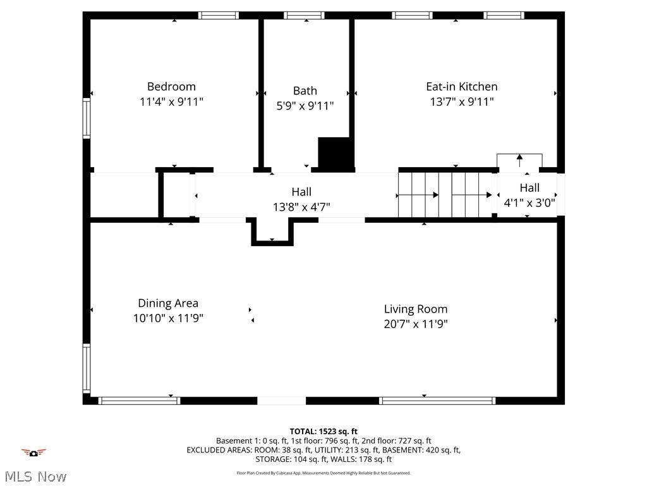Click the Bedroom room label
(171, 87)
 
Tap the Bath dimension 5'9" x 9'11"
(305, 106)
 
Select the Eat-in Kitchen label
(461, 87)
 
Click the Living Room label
(415, 309)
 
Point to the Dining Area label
(168, 303)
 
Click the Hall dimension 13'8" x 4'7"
(301, 207)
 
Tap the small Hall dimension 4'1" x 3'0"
(529, 203)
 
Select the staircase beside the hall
(445, 195)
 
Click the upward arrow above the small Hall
(519, 159)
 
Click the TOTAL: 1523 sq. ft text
(323, 432)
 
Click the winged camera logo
(33, 452)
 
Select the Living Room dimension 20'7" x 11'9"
(415, 324)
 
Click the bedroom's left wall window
(87, 118)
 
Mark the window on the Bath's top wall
(304, 15)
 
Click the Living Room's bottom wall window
(437, 401)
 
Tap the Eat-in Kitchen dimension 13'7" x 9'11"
(461, 101)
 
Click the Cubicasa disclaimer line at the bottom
(323, 473)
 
